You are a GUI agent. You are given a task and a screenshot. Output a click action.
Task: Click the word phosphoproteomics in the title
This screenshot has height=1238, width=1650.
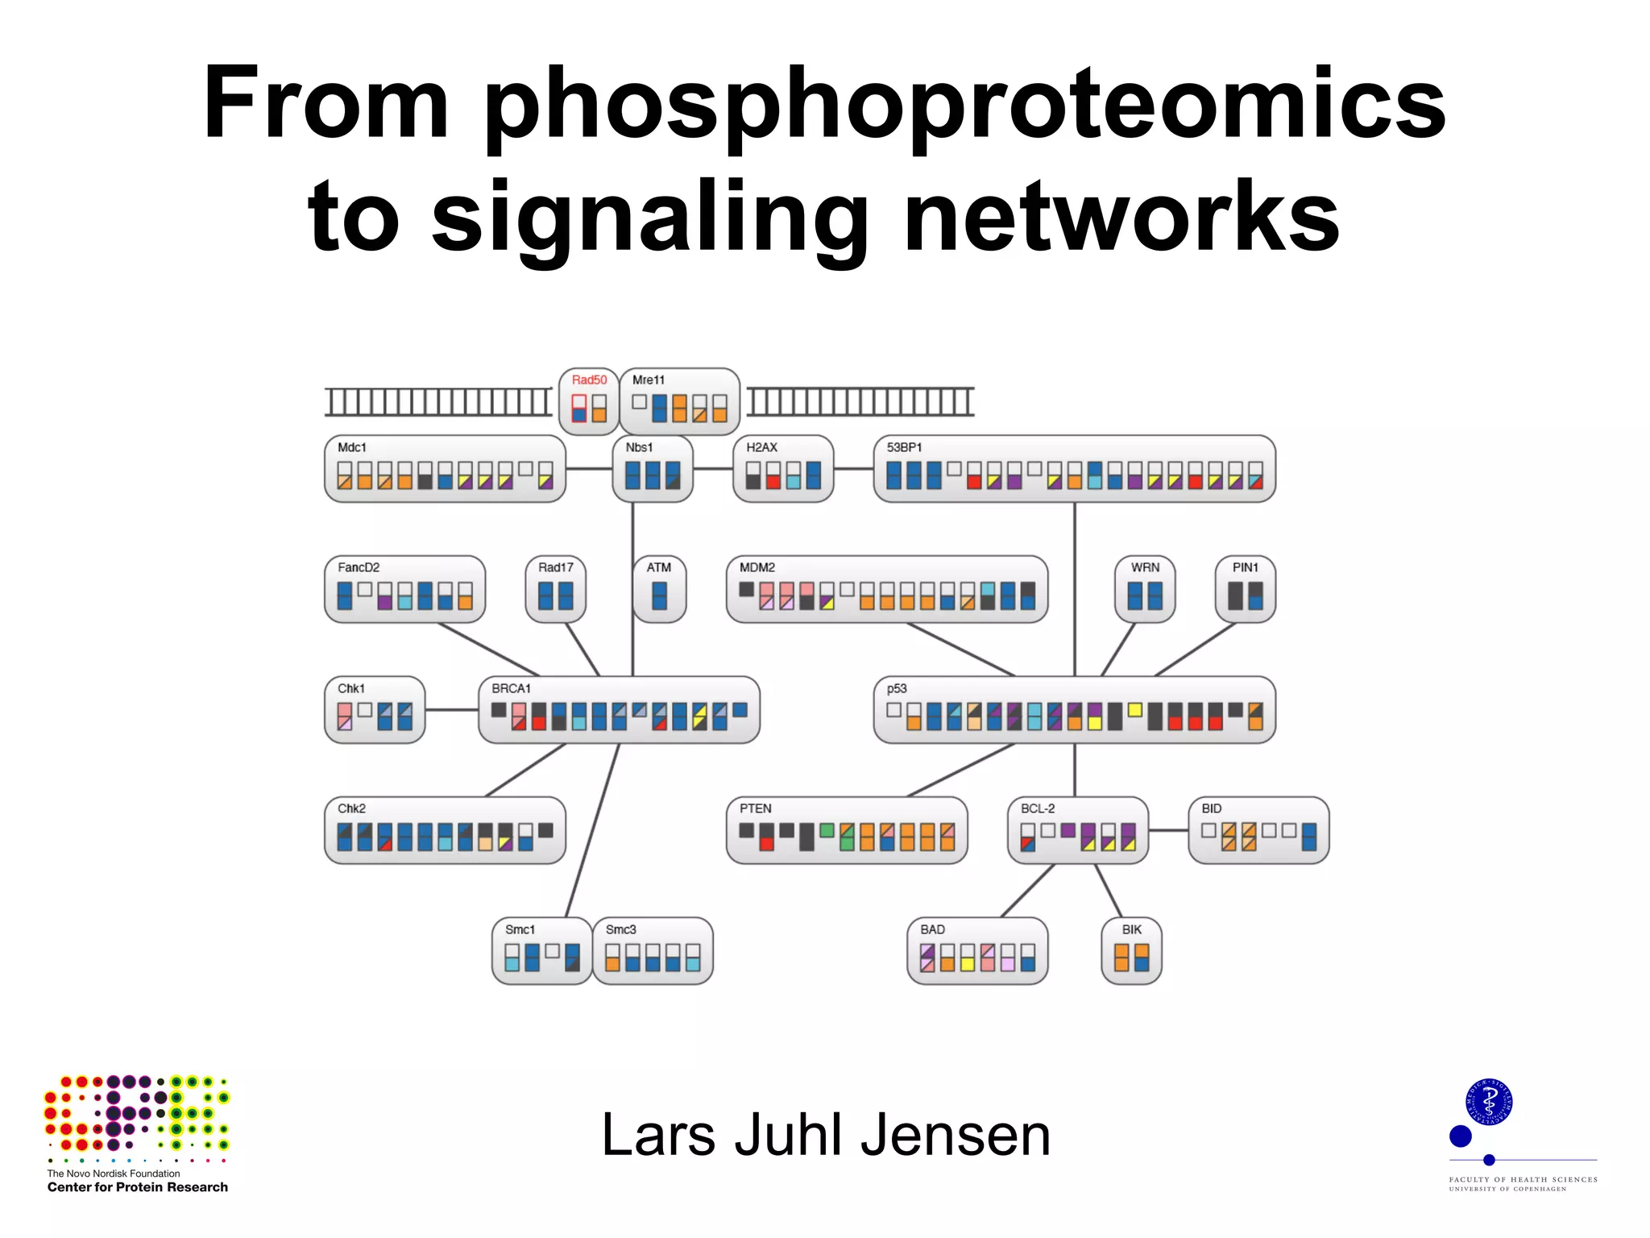point(964,105)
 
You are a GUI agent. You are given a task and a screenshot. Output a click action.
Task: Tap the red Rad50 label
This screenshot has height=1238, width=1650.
point(589,380)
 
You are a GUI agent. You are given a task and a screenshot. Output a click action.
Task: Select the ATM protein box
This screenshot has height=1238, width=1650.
point(659,589)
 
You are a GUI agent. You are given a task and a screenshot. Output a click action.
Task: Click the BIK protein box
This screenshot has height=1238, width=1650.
point(1131,951)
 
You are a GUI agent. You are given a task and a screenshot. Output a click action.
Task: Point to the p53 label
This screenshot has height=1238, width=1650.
point(897,688)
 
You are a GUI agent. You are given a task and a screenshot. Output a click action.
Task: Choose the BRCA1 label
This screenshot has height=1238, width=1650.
point(511,688)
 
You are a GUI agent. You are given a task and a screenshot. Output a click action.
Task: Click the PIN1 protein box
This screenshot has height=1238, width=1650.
point(1245,589)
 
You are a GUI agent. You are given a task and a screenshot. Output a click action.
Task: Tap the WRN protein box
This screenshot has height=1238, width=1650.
point(1145,589)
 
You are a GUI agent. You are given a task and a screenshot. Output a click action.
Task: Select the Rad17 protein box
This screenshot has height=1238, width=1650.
point(555,589)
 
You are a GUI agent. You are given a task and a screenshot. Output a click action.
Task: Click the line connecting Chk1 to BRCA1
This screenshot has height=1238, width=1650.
point(451,710)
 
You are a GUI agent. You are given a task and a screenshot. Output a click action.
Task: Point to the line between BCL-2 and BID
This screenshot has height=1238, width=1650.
point(1168,830)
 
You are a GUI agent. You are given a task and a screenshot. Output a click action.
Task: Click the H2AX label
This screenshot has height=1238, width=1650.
point(761,447)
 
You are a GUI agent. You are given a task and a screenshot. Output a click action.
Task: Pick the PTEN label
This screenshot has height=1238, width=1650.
point(755,808)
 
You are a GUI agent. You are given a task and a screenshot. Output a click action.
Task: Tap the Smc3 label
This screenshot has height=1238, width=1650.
point(620,929)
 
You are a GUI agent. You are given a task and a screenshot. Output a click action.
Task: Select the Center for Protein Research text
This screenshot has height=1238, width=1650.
point(137,1187)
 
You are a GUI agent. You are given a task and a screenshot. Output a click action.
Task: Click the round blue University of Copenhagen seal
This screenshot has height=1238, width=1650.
point(1488,1102)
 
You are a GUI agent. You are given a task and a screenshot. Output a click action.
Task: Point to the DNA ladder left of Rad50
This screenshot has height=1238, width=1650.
point(438,401)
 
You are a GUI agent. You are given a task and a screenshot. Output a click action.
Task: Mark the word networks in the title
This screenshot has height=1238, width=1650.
point(1121,218)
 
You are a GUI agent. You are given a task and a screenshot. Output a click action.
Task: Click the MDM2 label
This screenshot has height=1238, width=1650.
point(757,567)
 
